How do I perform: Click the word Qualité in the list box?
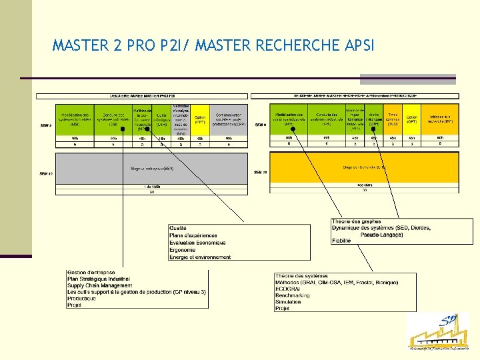click(x=179, y=229)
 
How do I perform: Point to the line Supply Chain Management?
click(x=99, y=285)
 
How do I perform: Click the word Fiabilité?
click(x=341, y=241)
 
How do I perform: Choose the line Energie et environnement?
click(x=200, y=257)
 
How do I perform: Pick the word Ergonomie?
click(x=183, y=250)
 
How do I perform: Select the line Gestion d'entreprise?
click(x=91, y=273)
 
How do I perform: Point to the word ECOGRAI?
click(x=289, y=289)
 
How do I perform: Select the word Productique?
click(x=81, y=299)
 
